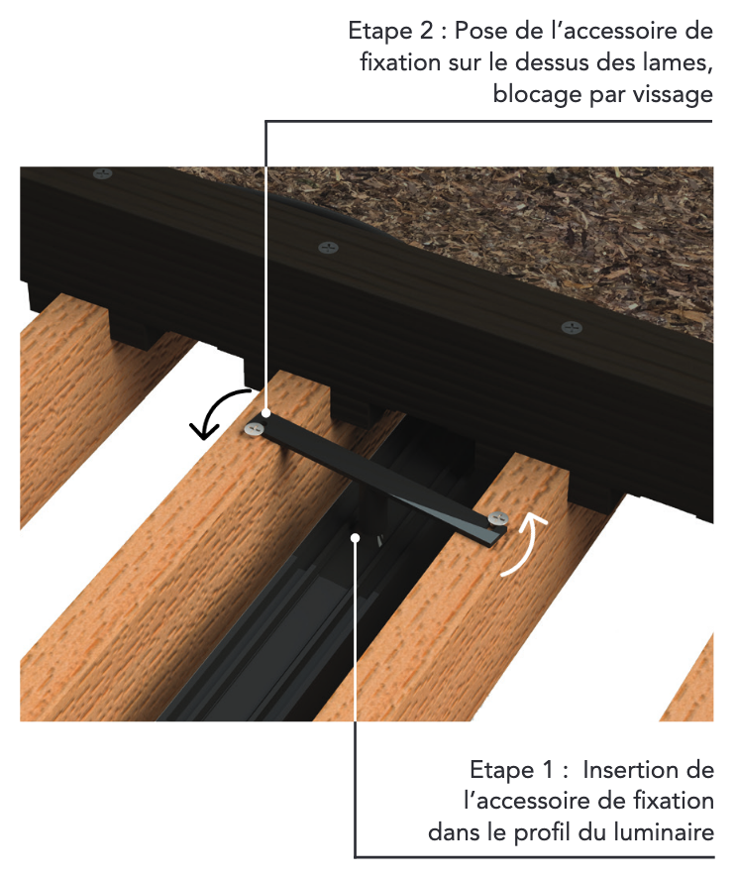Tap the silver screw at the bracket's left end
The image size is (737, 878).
pos(254,429)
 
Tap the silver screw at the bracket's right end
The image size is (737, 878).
pos(497,518)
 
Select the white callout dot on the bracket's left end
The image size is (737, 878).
pos(265,413)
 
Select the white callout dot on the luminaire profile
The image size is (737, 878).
pos(355,537)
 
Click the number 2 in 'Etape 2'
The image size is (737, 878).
pos(426,31)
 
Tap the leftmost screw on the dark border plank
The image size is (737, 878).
pos(102,173)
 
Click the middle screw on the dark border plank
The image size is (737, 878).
pos(329,247)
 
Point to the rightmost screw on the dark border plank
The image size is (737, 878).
pos(572,328)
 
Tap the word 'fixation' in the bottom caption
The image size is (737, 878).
pos(672,802)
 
